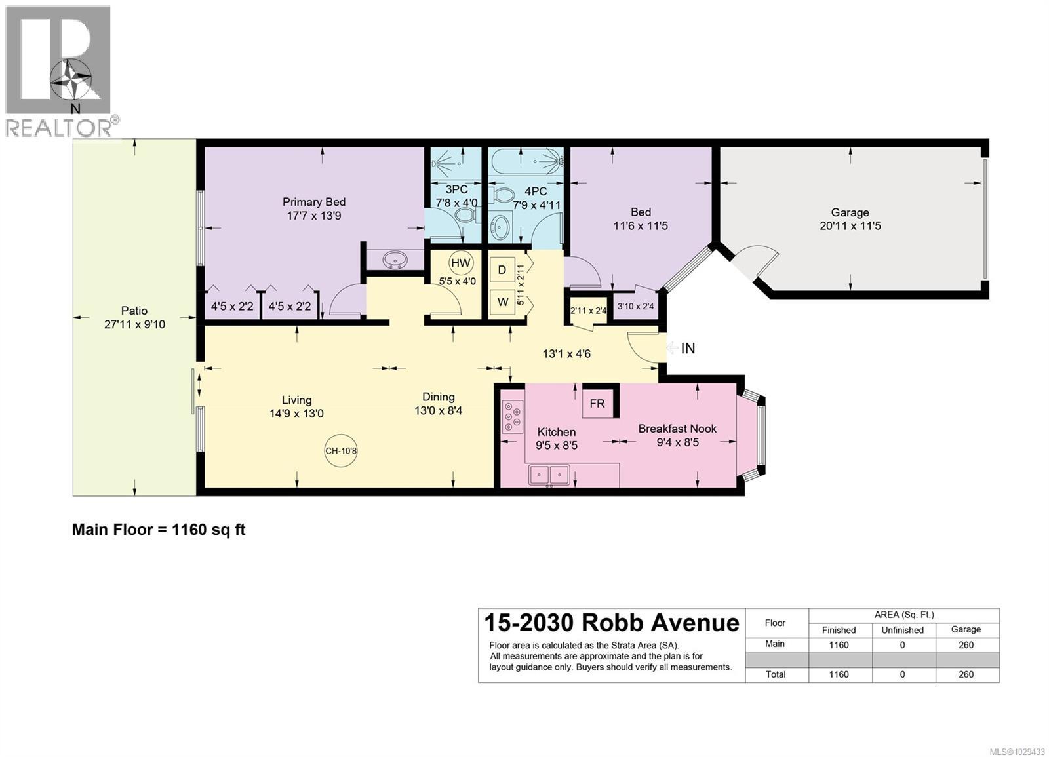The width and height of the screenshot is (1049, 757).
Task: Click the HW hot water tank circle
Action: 460,263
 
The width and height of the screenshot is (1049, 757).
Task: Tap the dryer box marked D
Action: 502,270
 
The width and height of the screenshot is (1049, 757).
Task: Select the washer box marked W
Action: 502,302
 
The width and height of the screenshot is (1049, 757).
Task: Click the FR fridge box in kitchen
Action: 597,403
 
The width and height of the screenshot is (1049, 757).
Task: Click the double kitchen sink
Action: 549,474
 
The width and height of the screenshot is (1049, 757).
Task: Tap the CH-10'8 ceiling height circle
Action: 341,450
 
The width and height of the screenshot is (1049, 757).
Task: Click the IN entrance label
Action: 688,348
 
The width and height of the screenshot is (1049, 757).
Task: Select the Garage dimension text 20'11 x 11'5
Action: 850,226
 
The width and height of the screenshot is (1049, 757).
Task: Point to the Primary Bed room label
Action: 313,202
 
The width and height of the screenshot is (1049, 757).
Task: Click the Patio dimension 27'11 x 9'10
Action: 134,324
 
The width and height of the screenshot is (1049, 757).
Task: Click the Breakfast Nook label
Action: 677,429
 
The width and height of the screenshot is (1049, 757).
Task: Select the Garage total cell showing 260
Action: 966,674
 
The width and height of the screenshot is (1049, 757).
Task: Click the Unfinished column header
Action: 902,630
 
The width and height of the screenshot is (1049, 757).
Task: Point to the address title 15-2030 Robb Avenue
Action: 611,622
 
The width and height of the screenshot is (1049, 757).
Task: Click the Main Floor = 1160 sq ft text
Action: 159,530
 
